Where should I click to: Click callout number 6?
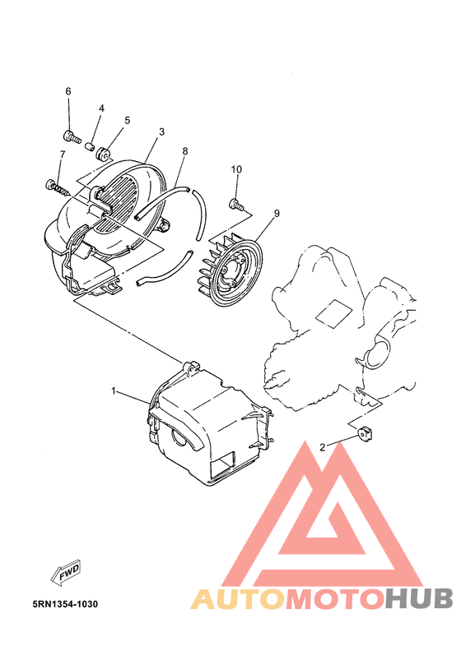[68, 91]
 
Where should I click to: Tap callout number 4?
[101, 108]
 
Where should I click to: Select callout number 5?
[128, 121]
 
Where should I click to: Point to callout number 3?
[161, 132]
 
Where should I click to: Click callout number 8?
[185, 151]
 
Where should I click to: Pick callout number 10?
[236, 169]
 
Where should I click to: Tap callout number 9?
[277, 213]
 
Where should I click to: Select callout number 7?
[62, 155]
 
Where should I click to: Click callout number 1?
[115, 391]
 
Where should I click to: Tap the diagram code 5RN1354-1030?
[65, 604]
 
